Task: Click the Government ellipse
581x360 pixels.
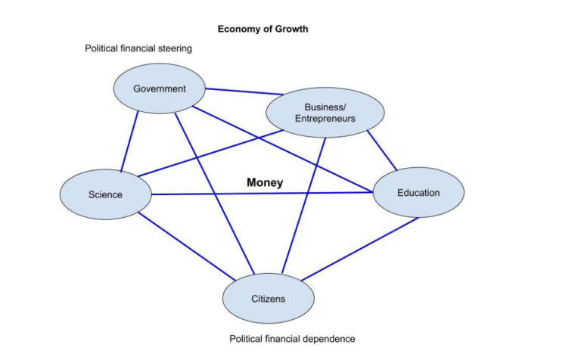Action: [160, 88]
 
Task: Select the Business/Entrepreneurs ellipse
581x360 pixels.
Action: [325, 113]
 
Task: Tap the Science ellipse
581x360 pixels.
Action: [106, 194]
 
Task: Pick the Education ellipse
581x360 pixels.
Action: [418, 193]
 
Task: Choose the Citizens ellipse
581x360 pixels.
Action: [269, 299]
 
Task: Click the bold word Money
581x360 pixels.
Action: [265, 182]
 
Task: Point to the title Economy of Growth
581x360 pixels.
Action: [263, 29]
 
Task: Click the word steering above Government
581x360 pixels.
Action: [175, 48]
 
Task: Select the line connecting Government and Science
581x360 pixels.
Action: [129, 141]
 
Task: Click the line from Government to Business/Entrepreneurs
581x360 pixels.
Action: [244, 92]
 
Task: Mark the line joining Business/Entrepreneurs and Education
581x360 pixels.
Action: [382, 151]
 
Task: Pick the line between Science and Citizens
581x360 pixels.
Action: [187, 247]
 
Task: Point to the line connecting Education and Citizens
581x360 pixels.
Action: [360, 249]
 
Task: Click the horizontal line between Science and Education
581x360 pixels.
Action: [263, 194]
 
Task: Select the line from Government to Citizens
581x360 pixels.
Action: [215, 194]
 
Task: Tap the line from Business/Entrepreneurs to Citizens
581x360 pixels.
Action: [304, 206]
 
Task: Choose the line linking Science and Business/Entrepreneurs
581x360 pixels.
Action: [210, 154]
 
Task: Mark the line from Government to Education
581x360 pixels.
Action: [283, 149]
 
